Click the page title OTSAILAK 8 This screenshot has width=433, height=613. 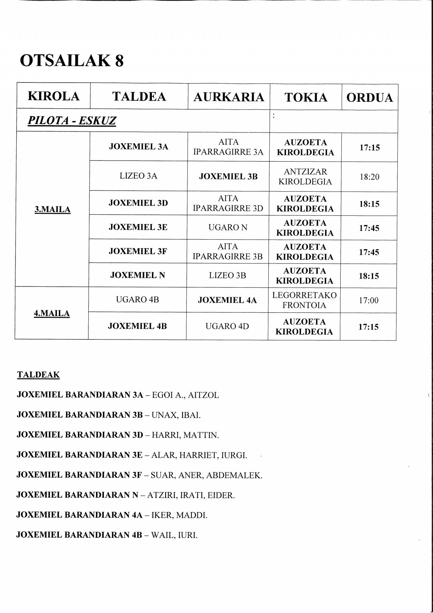(x=72, y=61)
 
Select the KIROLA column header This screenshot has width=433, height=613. (x=53, y=96)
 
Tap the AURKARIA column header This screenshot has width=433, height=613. (x=229, y=97)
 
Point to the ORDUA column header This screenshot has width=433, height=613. (x=369, y=97)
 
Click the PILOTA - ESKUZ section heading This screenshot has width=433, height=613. (x=72, y=120)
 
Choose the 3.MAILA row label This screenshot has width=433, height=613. (x=52, y=209)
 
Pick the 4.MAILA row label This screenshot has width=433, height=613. (x=52, y=313)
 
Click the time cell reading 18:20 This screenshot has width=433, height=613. (x=369, y=177)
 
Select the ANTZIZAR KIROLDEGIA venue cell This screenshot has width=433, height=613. (x=305, y=176)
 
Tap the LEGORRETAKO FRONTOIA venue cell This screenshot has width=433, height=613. (x=304, y=300)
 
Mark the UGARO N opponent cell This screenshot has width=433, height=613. (x=228, y=228)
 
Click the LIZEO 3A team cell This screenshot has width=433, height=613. (x=138, y=176)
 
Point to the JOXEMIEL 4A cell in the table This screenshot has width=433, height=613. (x=227, y=300)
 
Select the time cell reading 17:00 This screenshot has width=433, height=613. (x=368, y=300)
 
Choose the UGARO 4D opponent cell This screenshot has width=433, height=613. (x=227, y=326)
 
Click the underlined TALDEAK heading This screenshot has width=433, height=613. (x=38, y=375)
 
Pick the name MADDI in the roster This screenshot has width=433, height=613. (x=191, y=515)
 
